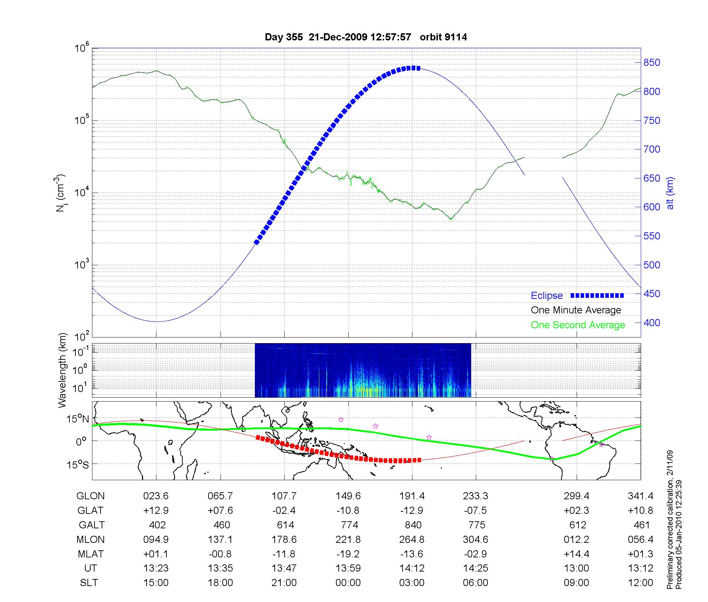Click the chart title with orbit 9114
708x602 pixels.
[x=366, y=37]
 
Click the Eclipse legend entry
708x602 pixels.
[x=547, y=296]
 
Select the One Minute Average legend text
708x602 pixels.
[x=576, y=310]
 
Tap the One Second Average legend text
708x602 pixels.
[x=578, y=325]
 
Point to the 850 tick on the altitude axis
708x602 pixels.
[x=652, y=63]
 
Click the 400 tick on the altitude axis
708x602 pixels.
[x=652, y=323]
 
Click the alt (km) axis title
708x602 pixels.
[x=670, y=193]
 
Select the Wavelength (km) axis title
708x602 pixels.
[x=62, y=370]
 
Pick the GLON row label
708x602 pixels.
[x=90, y=496]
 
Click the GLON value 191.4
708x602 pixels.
[x=412, y=496]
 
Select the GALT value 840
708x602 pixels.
[x=413, y=525]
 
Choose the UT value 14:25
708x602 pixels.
[x=475, y=568]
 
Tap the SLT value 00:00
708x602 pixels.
[x=348, y=583]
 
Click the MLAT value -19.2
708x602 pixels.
[x=348, y=554]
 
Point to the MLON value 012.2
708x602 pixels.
[x=577, y=539]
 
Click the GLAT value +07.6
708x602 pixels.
[x=221, y=511]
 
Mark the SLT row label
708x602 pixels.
[x=89, y=583]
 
